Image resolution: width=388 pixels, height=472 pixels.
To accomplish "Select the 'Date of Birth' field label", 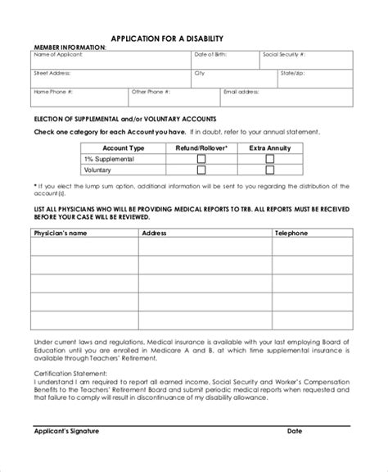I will click(211, 55).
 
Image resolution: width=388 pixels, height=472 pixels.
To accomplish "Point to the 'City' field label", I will click(199, 73).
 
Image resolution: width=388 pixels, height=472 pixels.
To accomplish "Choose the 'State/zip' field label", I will click(291, 73).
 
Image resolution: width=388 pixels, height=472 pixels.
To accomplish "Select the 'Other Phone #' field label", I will click(151, 92).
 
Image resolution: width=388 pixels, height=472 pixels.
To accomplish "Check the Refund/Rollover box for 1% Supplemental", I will click(201, 158).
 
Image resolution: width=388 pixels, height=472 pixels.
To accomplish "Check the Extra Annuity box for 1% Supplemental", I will click(269, 158).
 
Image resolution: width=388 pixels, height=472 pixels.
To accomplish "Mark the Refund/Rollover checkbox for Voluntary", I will click(201, 170).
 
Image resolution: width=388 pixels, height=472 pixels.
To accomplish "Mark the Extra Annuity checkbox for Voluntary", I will click(269, 170).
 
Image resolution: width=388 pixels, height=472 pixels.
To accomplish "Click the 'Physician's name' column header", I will click(60, 233).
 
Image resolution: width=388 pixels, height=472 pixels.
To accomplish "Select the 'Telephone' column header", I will click(291, 233).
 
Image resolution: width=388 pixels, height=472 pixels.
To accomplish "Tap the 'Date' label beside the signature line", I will click(294, 453).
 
